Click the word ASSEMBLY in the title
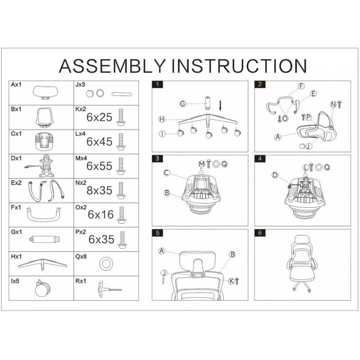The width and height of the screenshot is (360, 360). (113, 66)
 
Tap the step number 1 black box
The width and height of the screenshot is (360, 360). (157, 84)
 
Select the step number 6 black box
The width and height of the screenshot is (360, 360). (260, 233)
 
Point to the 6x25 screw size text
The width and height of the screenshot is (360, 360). (99, 117)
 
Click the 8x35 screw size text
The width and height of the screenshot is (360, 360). (99, 191)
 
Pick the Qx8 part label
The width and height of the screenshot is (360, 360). (81, 257)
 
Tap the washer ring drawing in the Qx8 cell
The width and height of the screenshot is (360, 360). (106, 264)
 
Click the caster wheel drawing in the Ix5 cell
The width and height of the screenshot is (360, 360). (43, 288)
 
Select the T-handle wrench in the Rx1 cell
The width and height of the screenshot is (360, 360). (109, 289)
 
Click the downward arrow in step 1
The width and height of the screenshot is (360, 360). (221, 106)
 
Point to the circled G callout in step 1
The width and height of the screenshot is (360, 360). (183, 104)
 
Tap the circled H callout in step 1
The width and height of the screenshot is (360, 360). (162, 119)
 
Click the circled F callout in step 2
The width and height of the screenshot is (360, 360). (301, 86)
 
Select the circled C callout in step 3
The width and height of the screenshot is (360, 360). (167, 173)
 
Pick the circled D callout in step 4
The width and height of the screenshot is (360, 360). (275, 175)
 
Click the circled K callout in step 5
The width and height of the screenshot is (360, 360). (231, 281)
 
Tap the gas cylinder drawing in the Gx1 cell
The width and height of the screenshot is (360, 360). (45, 240)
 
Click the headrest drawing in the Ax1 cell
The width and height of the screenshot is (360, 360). (45, 93)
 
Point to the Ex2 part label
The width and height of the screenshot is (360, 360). (16, 183)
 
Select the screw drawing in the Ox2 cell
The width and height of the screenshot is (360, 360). (121, 215)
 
